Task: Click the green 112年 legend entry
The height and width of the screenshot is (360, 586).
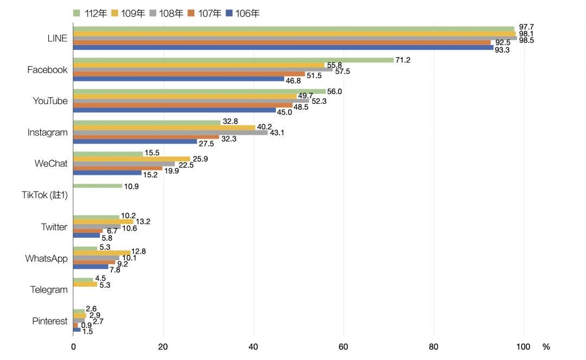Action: (x=90, y=13)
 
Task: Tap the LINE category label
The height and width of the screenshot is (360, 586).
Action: (x=58, y=38)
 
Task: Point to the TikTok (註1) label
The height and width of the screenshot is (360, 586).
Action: (x=48, y=195)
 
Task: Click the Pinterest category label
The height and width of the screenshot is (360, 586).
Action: (x=49, y=321)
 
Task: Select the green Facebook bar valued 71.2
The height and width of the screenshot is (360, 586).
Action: (x=233, y=60)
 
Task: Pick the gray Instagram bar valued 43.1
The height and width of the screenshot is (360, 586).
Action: (x=170, y=132)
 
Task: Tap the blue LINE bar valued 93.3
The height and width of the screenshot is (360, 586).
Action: (x=283, y=48)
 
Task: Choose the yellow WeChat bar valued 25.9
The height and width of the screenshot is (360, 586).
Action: (x=131, y=159)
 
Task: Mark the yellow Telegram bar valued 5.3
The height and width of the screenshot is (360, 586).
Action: (x=85, y=284)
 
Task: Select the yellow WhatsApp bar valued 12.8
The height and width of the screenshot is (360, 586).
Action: (x=102, y=252)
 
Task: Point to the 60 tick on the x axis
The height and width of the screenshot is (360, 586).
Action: (x=343, y=347)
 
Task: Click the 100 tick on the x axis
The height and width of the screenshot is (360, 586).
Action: (x=524, y=347)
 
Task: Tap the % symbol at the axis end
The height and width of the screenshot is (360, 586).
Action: (x=546, y=346)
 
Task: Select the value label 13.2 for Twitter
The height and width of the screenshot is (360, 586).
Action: (x=142, y=222)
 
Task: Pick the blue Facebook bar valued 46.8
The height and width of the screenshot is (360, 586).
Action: (x=179, y=79)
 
